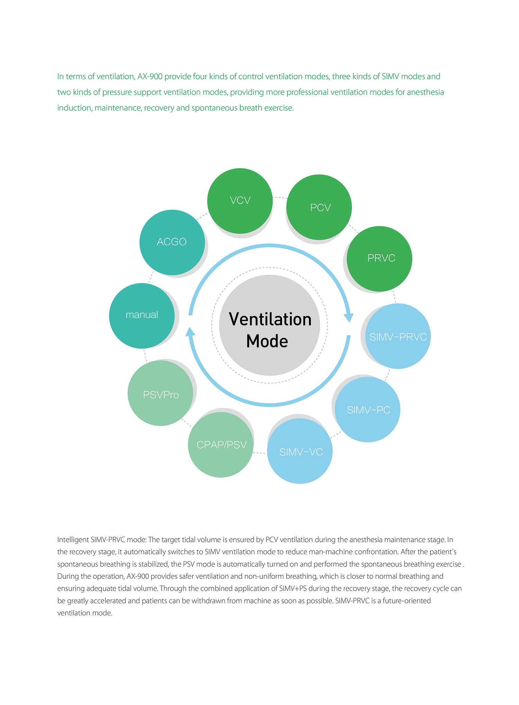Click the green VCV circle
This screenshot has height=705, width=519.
(x=240, y=201)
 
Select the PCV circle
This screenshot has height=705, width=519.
(x=319, y=207)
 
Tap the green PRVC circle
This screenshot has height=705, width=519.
(x=379, y=259)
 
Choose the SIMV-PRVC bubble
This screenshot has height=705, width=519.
(x=398, y=336)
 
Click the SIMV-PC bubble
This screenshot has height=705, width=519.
(x=367, y=409)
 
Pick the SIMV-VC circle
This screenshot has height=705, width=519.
(x=300, y=451)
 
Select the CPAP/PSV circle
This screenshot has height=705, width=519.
(x=221, y=445)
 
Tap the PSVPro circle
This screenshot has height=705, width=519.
(x=161, y=393)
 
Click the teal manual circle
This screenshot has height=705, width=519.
(x=142, y=316)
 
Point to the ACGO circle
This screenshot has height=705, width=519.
(x=172, y=242)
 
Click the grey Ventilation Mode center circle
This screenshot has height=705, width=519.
(x=270, y=325)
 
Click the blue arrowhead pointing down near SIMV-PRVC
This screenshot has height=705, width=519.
(x=349, y=318)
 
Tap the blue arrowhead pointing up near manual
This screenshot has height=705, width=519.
(x=190, y=332)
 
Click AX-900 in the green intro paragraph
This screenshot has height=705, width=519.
(x=150, y=77)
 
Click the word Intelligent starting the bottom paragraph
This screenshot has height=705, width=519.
(x=73, y=540)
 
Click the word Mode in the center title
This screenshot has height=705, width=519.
(x=267, y=341)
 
